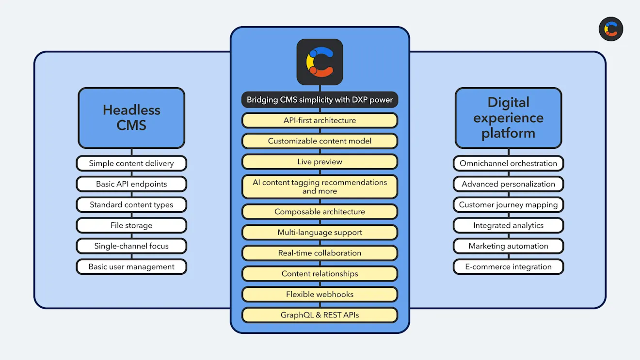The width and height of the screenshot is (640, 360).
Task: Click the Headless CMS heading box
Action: click(x=131, y=118)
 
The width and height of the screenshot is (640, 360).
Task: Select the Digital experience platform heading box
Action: click(x=508, y=118)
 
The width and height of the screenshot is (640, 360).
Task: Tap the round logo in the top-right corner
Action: click(x=610, y=29)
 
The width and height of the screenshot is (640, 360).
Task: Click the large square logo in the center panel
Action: click(x=320, y=62)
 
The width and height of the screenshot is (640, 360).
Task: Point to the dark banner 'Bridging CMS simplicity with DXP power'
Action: click(x=320, y=100)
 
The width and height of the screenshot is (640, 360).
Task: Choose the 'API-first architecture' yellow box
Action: click(x=320, y=120)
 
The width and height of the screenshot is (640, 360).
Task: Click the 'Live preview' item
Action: click(x=320, y=162)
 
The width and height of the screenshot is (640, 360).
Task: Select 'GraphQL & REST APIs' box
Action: click(x=320, y=315)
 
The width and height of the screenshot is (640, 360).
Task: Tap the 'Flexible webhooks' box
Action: click(x=320, y=294)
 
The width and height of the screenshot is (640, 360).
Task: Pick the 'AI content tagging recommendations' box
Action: click(x=320, y=187)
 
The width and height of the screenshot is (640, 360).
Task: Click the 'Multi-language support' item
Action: click(x=320, y=233)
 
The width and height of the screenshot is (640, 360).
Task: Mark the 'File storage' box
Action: click(x=131, y=225)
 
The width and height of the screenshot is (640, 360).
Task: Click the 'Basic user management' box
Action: click(x=131, y=266)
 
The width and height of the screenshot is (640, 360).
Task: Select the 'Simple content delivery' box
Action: click(x=131, y=163)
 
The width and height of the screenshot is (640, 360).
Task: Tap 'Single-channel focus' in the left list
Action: click(x=131, y=246)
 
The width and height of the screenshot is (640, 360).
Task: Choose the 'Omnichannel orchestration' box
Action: click(x=508, y=163)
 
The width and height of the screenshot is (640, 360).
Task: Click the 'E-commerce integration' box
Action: click(x=508, y=266)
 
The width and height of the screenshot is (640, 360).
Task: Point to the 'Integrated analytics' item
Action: click(x=508, y=225)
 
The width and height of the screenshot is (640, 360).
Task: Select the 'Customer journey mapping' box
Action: click(x=508, y=204)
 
